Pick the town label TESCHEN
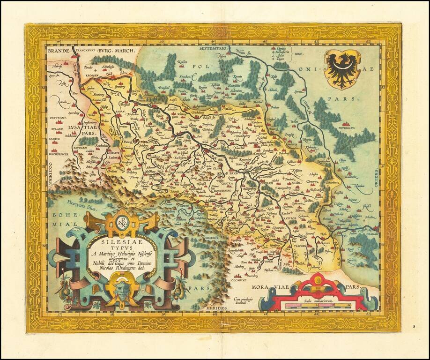299,246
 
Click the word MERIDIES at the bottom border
216,308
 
